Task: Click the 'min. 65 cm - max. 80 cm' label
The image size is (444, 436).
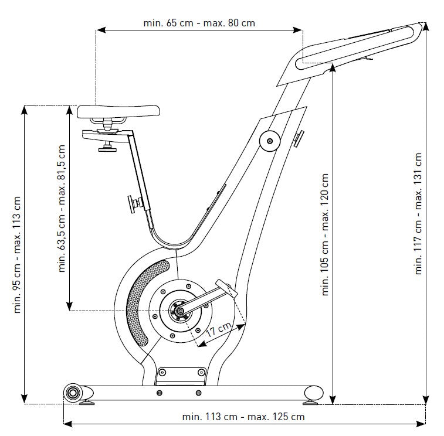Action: [x=199, y=23]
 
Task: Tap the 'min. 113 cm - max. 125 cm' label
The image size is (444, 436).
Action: [x=243, y=417]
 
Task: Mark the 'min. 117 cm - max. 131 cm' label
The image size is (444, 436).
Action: [x=418, y=214]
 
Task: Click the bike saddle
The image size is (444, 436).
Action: [x=118, y=110]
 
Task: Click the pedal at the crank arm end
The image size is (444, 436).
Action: [x=225, y=288]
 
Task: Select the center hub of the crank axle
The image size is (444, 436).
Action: [x=178, y=308]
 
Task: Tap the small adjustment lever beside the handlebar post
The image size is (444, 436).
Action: [x=299, y=138]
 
